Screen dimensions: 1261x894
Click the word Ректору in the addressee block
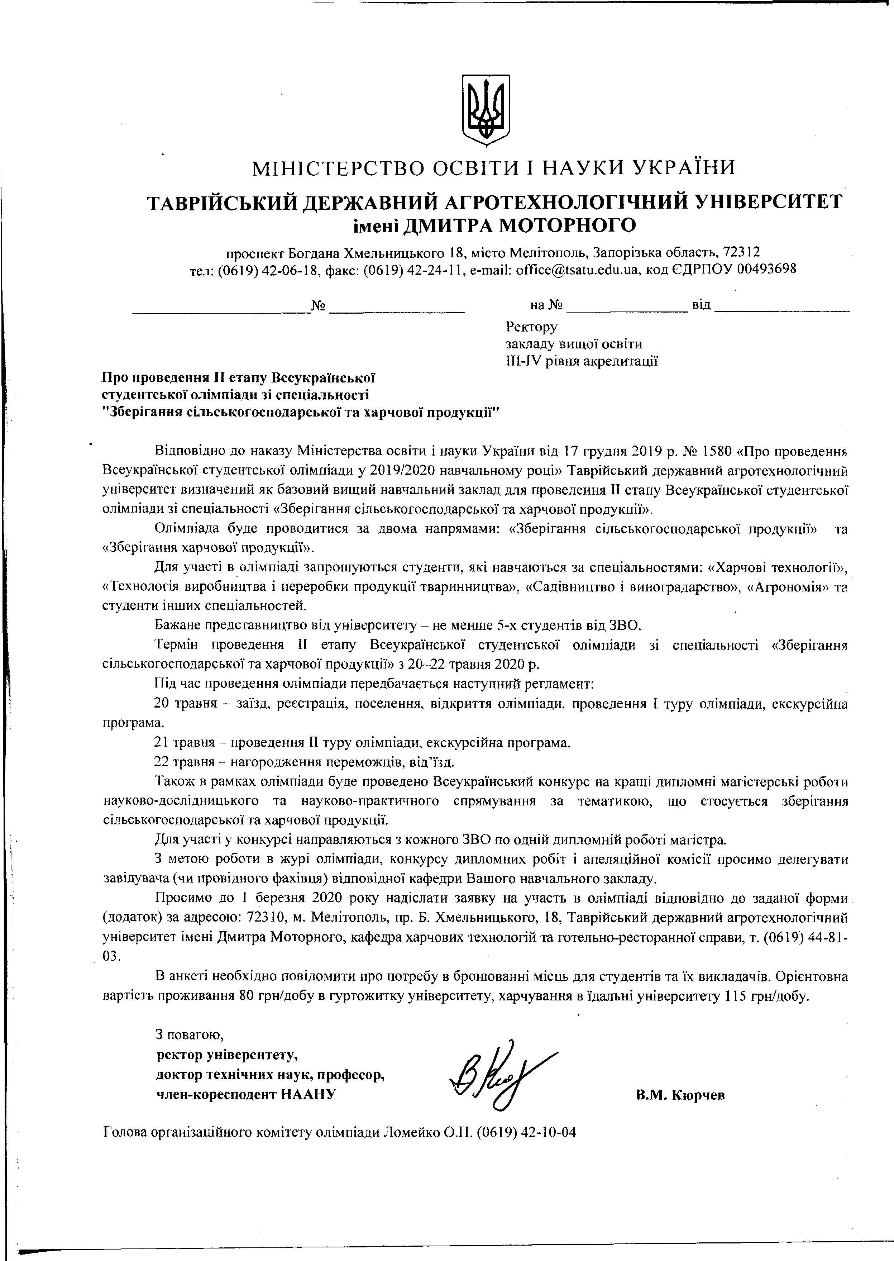(x=531, y=327)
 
